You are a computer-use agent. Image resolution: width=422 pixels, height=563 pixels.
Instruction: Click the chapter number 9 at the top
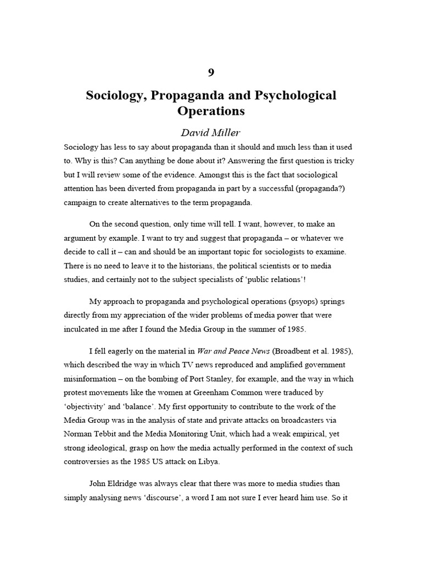tap(211, 73)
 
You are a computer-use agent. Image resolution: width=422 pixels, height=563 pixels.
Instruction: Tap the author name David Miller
tap(211, 133)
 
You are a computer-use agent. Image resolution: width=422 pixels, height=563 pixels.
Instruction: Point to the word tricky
tap(346, 161)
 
